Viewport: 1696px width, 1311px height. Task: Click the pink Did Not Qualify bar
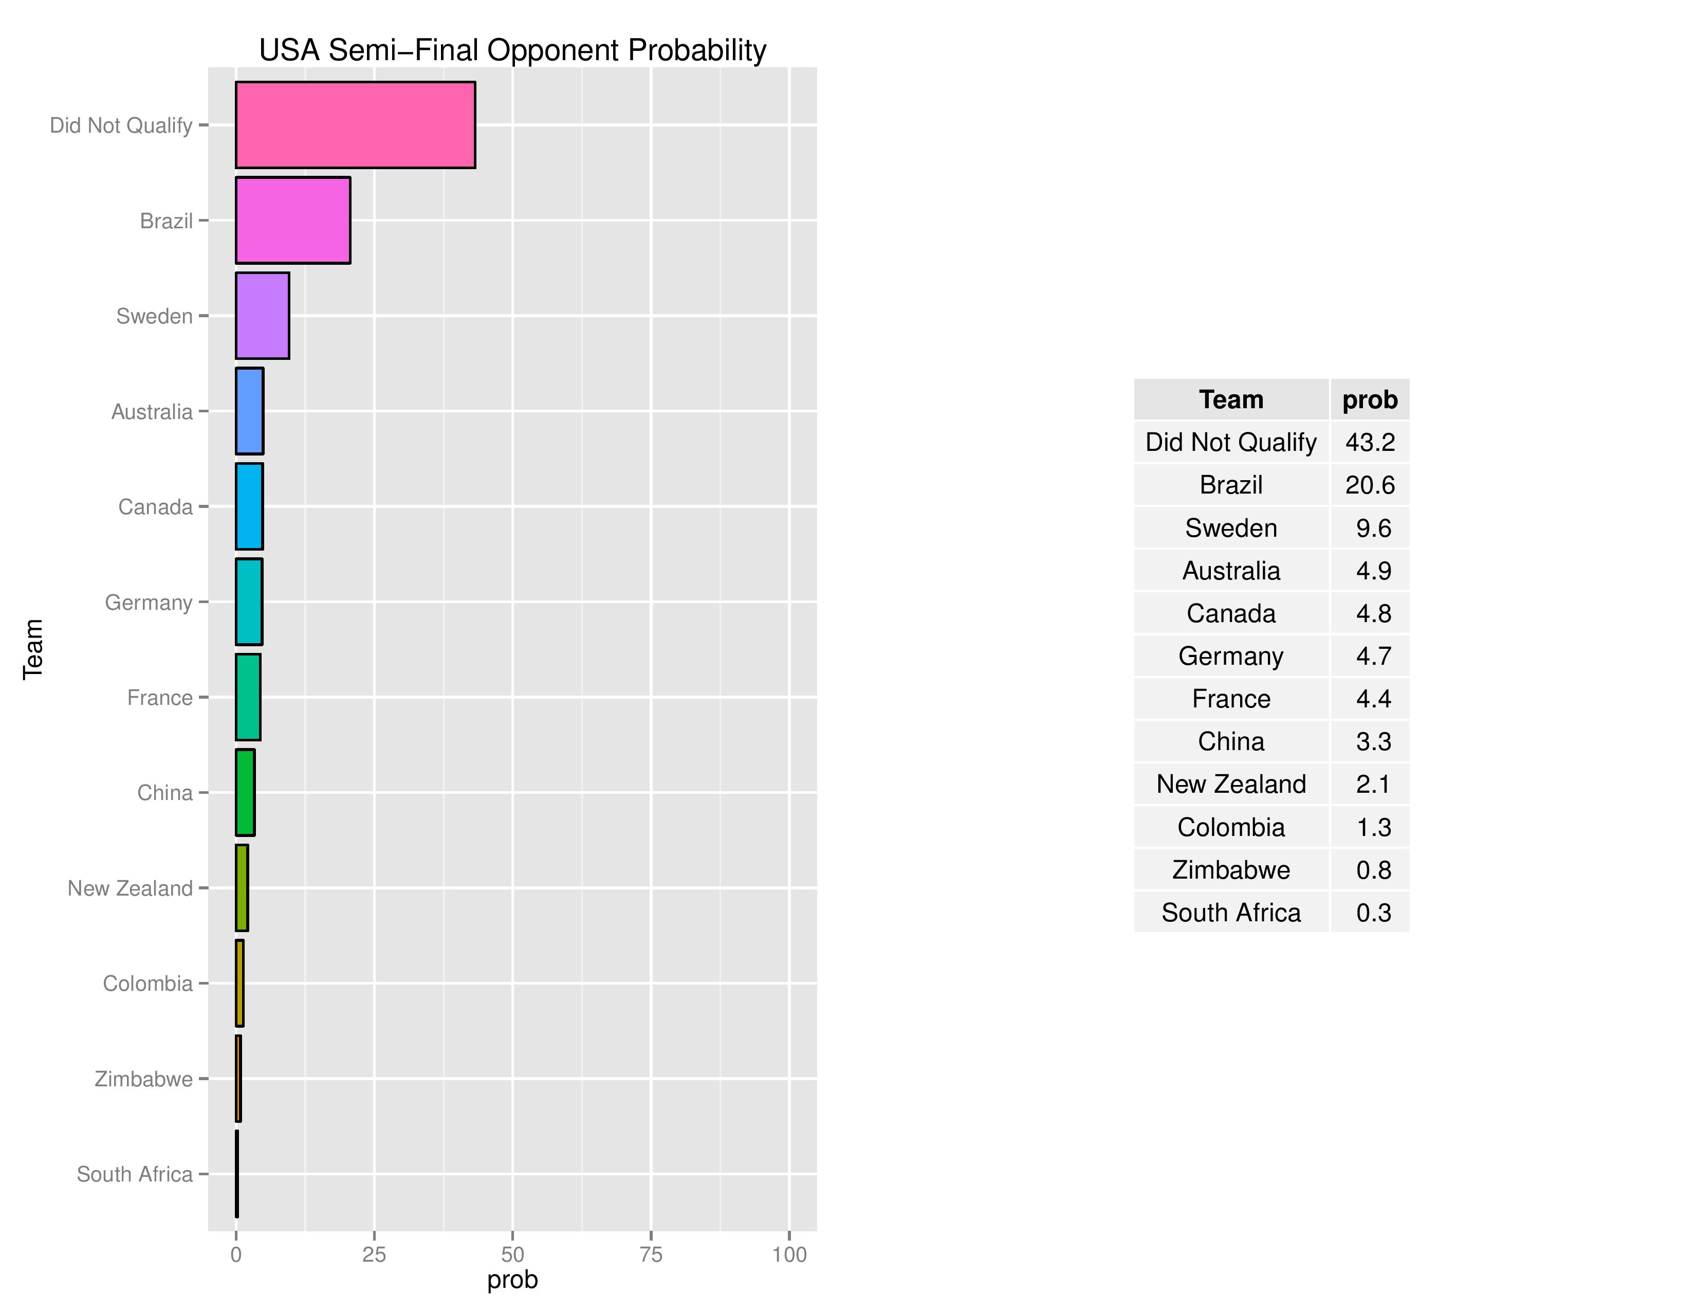click(355, 124)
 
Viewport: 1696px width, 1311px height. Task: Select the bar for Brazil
click(293, 220)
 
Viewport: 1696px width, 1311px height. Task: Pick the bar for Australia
click(249, 411)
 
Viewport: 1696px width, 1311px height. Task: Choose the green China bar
click(245, 792)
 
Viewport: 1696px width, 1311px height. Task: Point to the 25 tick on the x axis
click(374, 1254)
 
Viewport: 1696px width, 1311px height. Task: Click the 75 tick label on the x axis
click(651, 1254)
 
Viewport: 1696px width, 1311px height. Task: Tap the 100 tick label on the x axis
click(789, 1254)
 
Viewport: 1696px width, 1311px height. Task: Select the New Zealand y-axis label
click(130, 888)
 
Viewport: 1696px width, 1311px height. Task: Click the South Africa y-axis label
click(134, 1174)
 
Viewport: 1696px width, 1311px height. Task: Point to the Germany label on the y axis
click(149, 602)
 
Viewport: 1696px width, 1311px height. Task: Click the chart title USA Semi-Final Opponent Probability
click(512, 50)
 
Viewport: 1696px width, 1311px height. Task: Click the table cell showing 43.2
click(1370, 442)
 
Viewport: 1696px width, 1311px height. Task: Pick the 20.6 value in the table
click(1370, 485)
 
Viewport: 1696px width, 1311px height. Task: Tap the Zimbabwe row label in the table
click(1231, 870)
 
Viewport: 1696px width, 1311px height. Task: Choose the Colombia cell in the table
click(1231, 827)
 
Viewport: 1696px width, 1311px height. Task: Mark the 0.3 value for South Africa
click(1373, 913)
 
